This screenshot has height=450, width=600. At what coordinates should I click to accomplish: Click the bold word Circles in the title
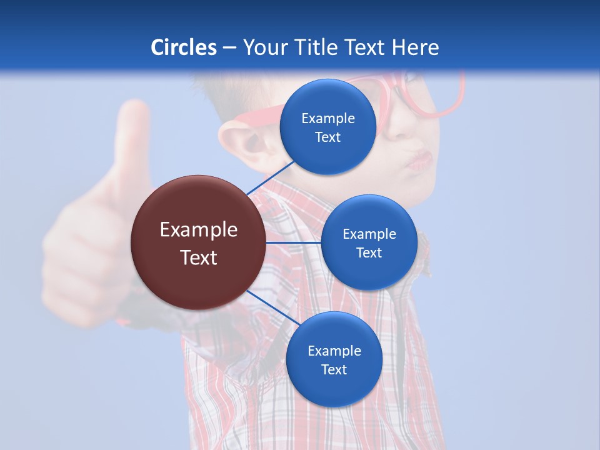(x=184, y=47)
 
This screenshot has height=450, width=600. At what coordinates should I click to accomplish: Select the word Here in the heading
(x=416, y=47)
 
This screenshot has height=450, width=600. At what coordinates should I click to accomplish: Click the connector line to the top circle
(x=270, y=177)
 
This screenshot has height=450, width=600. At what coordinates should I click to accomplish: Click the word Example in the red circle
(x=199, y=229)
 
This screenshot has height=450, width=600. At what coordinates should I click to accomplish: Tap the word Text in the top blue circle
(x=328, y=137)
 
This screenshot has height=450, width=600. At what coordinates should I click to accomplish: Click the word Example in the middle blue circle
(x=369, y=234)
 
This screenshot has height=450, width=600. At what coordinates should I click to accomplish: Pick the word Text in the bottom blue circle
(x=334, y=369)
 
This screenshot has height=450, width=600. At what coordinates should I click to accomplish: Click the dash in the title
(x=229, y=48)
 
